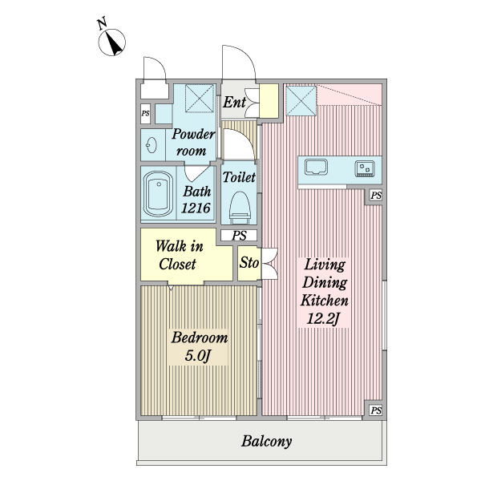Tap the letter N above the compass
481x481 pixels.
pyautogui.click(x=102, y=23)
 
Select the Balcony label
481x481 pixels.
pyautogui.click(x=266, y=442)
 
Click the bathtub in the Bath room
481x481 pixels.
pyautogui.click(x=158, y=194)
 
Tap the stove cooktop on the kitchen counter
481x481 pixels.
pyautogui.click(x=365, y=168)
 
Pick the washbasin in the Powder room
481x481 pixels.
pyautogui.click(x=152, y=144)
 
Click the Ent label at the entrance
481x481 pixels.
pyautogui.click(x=234, y=102)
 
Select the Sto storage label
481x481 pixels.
pyautogui.click(x=249, y=263)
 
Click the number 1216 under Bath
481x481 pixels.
pyautogui.click(x=196, y=208)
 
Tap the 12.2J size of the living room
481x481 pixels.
pyautogui.click(x=323, y=319)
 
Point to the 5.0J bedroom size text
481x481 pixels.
pyautogui.click(x=198, y=356)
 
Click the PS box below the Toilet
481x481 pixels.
pyautogui.click(x=239, y=236)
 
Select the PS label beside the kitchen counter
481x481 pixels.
pyautogui.click(x=376, y=195)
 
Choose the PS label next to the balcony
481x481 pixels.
pyautogui.click(x=376, y=410)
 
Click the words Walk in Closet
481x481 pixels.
pyautogui.click(x=179, y=255)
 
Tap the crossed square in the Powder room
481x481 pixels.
pyautogui.click(x=200, y=99)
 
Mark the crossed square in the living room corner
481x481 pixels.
pyautogui.click(x=301, y=101)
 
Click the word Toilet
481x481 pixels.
pyautogui.click(x=239, y=177)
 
